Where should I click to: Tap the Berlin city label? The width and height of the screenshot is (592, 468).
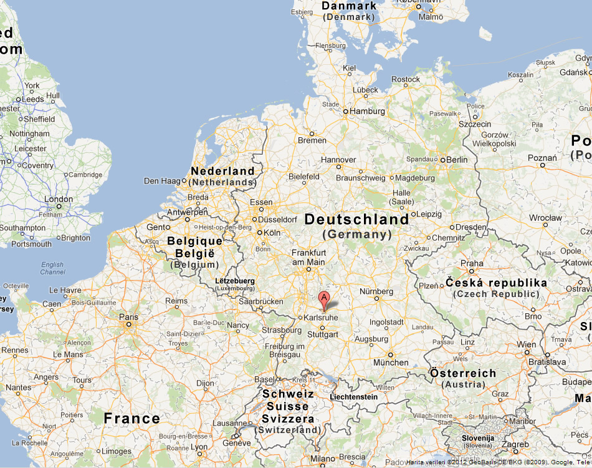[457, 160]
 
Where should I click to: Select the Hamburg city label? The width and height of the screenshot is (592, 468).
[368, 111]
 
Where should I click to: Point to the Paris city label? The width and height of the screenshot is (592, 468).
[129, 316]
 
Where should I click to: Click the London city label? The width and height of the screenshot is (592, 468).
[59, 199]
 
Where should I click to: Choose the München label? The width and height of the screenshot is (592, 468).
[391, 363]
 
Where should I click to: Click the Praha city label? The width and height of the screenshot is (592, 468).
[472, 263]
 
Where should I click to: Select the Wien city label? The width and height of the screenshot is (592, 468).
[526, 344]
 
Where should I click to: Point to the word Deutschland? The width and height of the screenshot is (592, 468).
[357, 219]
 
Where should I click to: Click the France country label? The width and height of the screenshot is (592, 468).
[131, 418]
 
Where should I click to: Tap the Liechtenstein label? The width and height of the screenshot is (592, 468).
[354, 397]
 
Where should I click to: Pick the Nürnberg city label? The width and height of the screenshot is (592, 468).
[376, 291]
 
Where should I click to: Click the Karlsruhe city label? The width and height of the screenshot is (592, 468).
[322, 317]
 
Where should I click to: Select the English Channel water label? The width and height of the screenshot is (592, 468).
[52, 268]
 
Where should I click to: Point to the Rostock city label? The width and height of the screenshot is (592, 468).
[406, 79]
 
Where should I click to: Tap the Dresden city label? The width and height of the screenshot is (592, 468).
[472, 227]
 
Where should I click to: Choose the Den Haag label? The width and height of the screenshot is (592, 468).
[161, 181]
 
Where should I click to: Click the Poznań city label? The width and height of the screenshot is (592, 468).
[542, 158]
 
